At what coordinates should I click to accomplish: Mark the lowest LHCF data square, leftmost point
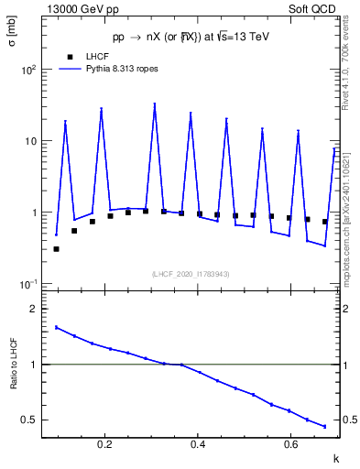[x=56, y=248]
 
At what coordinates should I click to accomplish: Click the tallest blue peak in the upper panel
[x=155, y=106]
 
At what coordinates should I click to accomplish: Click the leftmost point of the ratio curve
[x=56, y=327]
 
